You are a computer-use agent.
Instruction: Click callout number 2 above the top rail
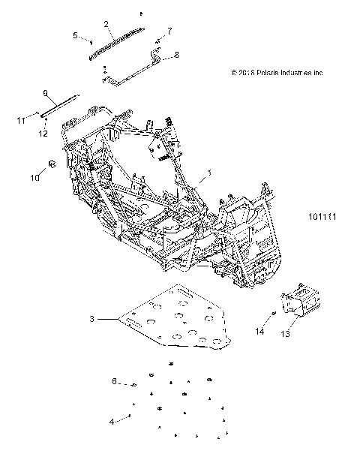pos(106,24)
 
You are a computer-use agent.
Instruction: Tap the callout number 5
pos(75,35)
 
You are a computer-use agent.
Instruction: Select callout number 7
pos(169,31)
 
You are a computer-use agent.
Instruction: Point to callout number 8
pos(177,55)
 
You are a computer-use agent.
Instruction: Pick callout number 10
pos(33,177)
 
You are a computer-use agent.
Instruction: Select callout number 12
pos(43,134)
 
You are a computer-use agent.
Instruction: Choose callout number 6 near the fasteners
pos(115,381)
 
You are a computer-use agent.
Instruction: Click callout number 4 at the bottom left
pos(112,422)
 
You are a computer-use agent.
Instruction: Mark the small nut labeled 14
pos(274,314)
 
